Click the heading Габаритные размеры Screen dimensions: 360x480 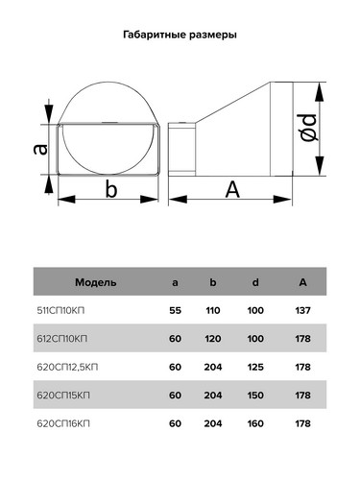(180, 35)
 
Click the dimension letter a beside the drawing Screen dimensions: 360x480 (40, 150)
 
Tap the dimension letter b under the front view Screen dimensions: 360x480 (111, 189)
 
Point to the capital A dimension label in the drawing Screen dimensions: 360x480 (232, 189)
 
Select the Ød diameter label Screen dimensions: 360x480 (309, 128)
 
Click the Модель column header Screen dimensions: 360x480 (96, 282)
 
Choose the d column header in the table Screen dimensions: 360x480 (255, 282)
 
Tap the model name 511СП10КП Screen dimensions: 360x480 (60, 310)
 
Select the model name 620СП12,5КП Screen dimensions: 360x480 (67, 367)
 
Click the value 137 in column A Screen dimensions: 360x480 (302, 310)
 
